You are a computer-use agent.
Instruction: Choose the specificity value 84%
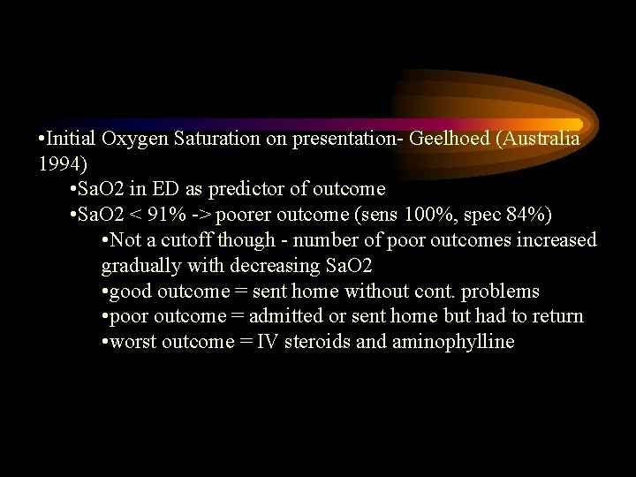[506, 216]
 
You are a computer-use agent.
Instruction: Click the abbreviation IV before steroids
[266, 342]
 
